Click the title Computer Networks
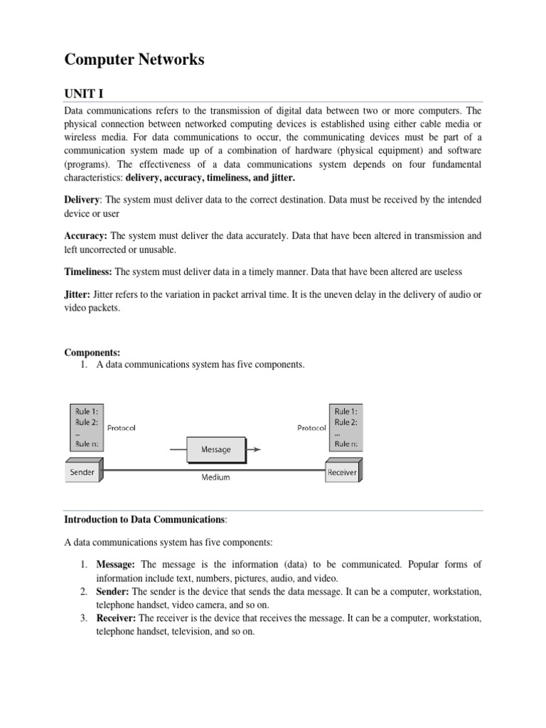click(x=134, y=60)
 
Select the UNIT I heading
click(x=85, y=94)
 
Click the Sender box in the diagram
click(x=83, y=472)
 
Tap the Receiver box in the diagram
click(x=342, y=472)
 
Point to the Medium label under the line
click(x=215, y=478)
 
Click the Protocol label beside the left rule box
click(x=121, y=428)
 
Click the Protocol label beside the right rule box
click(x=311, y=428)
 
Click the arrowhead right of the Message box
click(x=257, y=449)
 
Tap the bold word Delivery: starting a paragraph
click(x=82, y=200)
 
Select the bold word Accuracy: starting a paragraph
click(x=87, y=235)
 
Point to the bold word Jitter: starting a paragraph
click(x=77, y=295)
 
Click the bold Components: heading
click(x=92, y=352)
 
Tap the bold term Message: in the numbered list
click(x=117, y=564)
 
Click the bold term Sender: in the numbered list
click(x=113, y=591)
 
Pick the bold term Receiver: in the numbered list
click(x=117, y=619)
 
